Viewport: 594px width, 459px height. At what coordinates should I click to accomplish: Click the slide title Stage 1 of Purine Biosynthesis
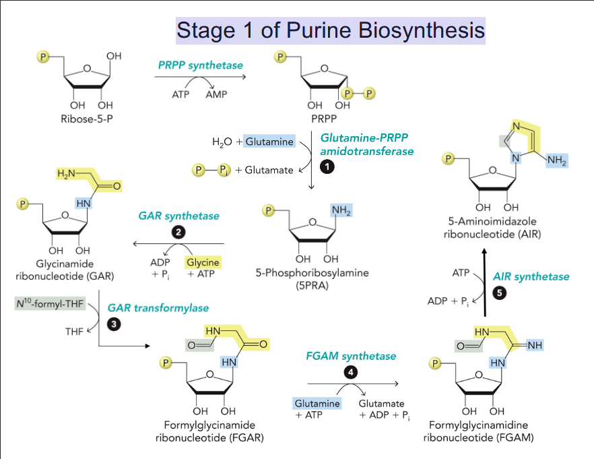click(330, 30)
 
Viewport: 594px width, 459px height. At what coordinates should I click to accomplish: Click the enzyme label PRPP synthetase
click(201, 65)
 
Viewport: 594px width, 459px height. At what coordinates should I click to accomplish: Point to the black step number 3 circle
click(114, 324)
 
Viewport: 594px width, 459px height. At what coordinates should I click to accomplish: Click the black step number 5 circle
click(498, 293)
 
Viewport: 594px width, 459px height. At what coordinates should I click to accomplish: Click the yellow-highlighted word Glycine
click(203, 262)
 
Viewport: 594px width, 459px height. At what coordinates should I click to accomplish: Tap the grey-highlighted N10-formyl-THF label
click(50, 304)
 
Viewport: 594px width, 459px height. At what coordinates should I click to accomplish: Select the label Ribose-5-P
click(87, 121)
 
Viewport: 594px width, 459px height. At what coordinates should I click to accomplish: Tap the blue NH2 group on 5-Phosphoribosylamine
click(341, 212)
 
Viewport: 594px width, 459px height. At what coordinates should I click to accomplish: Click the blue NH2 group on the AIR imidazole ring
click(556, 161)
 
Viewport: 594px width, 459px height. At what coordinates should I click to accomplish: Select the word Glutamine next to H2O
click(269, 142)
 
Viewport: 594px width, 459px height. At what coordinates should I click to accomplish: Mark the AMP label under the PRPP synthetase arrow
click(216, 95)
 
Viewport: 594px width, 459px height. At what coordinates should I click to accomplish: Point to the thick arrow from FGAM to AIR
click(485, 283)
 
